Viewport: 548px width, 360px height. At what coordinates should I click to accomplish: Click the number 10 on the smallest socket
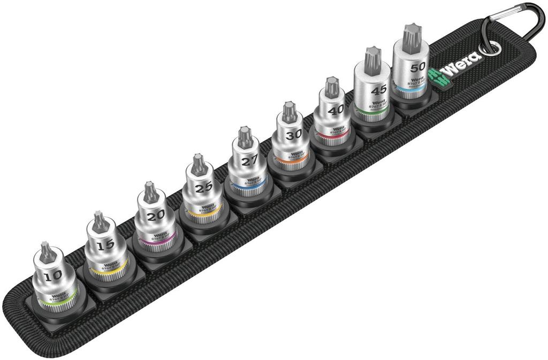54,275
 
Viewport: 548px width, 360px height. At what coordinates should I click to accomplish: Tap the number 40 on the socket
336,110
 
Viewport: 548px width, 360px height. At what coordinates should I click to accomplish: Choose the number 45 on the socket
378,89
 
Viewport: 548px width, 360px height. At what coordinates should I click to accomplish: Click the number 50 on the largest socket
417,67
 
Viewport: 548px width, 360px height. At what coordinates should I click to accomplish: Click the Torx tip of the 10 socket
48,252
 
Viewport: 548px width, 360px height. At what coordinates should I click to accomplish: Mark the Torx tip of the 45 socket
369,58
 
